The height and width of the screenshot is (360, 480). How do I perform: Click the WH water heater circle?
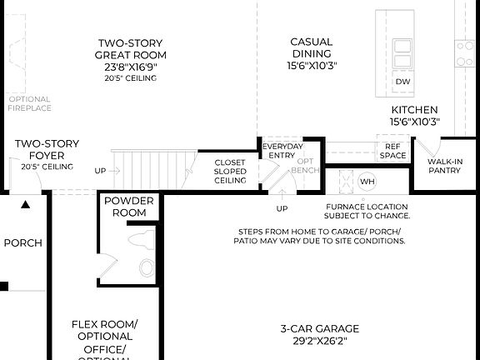[x=367, y=181]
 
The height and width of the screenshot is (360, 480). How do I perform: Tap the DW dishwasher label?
[x=402, y=82]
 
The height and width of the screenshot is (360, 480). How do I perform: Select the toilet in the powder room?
[x=147, y=267]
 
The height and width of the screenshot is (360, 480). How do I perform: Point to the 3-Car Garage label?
[x=320, y=327]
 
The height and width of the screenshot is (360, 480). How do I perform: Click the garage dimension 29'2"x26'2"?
[x=320, y=340]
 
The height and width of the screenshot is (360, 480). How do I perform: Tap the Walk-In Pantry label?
[x=445, y=166]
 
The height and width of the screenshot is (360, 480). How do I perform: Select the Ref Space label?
[x=392, y=151]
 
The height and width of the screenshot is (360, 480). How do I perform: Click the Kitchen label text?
[x=414, y=110]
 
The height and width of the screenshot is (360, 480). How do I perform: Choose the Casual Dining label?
[x=312, y=47]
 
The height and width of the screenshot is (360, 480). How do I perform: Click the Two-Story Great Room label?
[x=131, y=49]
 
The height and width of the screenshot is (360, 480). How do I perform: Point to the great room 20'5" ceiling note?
[x=131, y=78]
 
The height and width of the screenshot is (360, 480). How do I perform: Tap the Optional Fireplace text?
[x=29, y=103]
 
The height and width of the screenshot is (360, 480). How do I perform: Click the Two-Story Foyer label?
[x=47, y=149]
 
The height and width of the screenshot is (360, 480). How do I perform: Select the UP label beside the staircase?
[x=100, y=170]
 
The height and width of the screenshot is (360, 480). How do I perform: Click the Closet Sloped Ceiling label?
[x=230, y=172]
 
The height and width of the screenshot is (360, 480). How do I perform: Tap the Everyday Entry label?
[x=282, y=151]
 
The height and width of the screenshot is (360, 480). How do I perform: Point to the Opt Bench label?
[x=306, y=166]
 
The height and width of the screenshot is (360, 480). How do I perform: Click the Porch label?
[x=22, y=243]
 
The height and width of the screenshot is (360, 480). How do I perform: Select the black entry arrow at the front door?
[x=26, y=203]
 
